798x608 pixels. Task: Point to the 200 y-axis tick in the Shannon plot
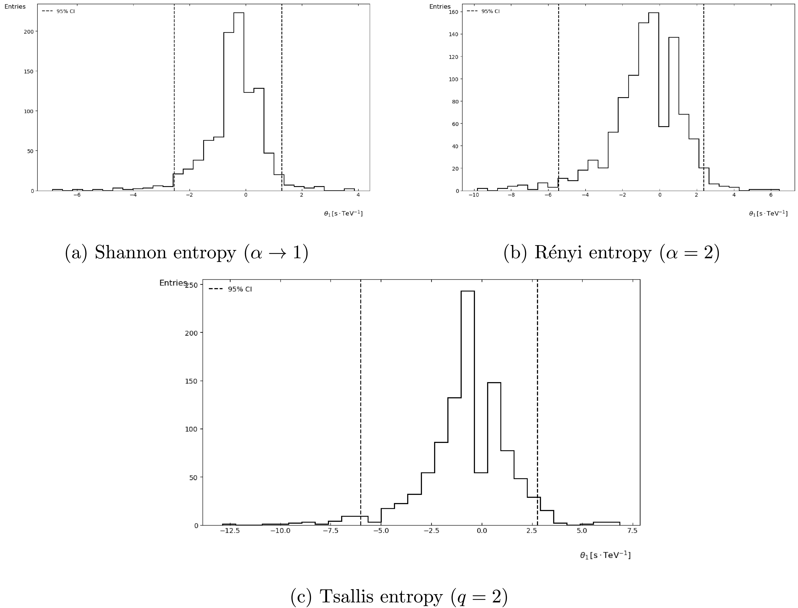(x=29, y=32)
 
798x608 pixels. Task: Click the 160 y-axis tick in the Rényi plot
(x=453, y=12)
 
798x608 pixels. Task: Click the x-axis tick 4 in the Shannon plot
(x=358, y=195)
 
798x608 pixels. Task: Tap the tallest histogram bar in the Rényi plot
(x=653, y=101)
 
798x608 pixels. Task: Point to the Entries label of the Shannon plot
(x=15, y=7)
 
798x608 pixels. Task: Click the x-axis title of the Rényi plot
(x=768, y=213)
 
